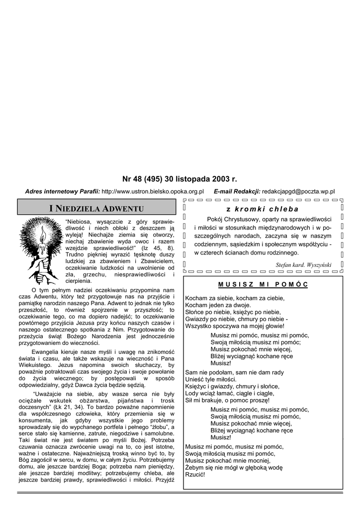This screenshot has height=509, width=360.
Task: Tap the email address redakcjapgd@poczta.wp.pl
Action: click(298, 191)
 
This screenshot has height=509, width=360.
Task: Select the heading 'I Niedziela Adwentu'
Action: click(97, 208)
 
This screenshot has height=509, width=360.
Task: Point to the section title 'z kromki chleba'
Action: click(263, 209)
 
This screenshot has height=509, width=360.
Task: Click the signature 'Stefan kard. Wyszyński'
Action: click(303, 265)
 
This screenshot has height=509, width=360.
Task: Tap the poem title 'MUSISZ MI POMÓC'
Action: click(263, 285)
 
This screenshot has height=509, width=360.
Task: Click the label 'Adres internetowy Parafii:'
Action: click(63, 191)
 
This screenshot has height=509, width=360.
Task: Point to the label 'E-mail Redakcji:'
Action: click(237, 191)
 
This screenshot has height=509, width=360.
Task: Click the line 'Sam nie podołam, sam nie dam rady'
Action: click(234, 372)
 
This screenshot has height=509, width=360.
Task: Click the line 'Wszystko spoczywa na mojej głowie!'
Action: click(235, 326)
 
